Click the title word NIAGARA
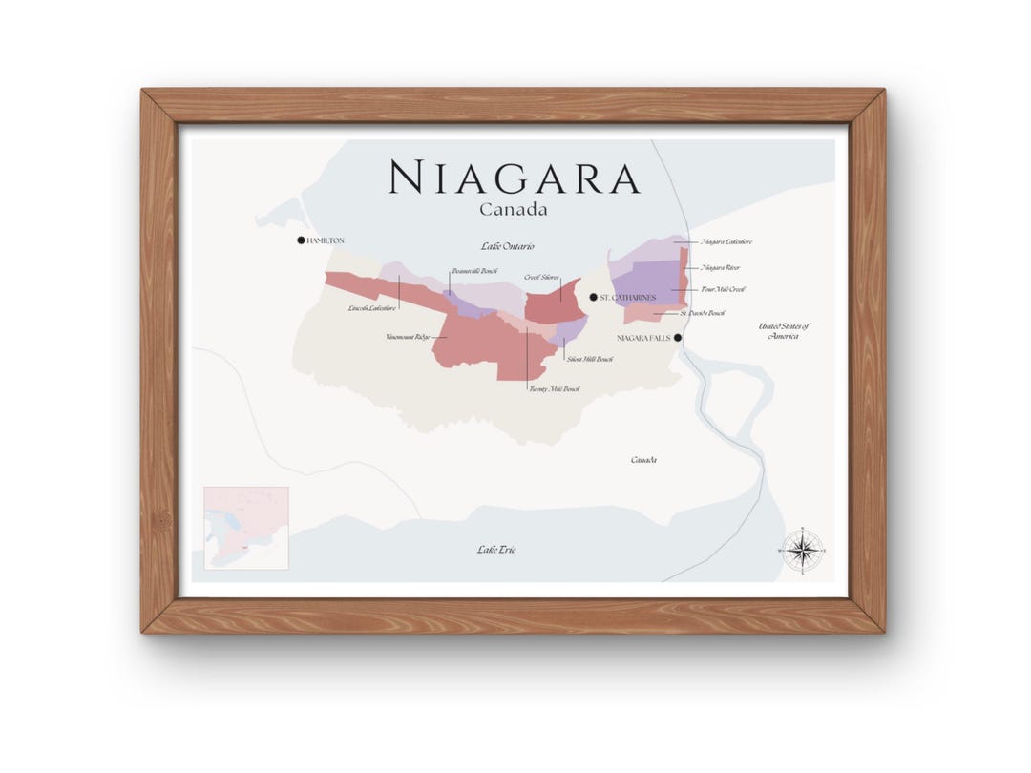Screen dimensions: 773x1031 [x=515, y=178]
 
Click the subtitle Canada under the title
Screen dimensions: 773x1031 [x=514, y=208]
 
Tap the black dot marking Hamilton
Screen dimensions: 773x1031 [x=301, y=240]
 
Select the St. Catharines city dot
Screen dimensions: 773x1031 [x=593, y=298]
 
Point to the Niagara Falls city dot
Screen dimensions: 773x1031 [x=678, y=338]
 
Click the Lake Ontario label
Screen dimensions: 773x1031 [x=508, y=246]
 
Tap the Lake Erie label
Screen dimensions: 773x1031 [x=496, y=550]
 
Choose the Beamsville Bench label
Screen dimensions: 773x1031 [x=474, y=271]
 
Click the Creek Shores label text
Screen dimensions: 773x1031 [x=541, y=277]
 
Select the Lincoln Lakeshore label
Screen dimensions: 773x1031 [x=372, y=308]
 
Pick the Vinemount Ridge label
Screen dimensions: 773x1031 [x=408, y=337]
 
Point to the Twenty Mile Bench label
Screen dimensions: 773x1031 [x=554, y=389]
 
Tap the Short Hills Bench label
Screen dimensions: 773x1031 [x=589, y=359]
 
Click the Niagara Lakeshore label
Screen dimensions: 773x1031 [x=726, y=242]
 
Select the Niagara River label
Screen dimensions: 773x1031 [x=720, y=268]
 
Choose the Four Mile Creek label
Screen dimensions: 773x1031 [x=723, y=289]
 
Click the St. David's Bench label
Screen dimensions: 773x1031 [x=702, y=313]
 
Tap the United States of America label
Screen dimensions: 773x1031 [x=784, y=331]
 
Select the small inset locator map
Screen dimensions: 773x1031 [x=246, y=528]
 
